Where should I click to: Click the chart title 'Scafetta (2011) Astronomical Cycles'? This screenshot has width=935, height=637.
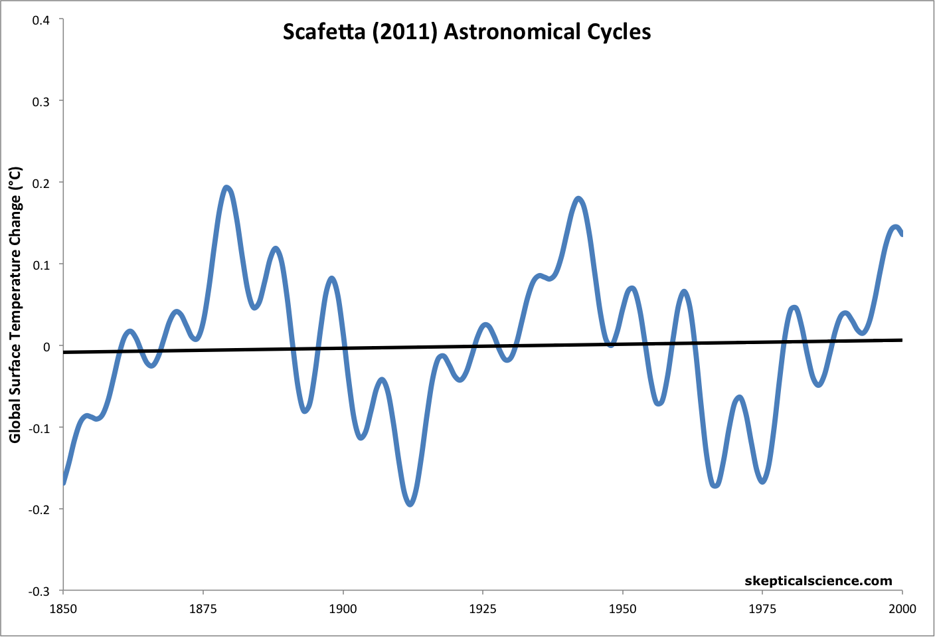467,32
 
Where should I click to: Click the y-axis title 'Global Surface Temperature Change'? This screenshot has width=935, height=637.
15,305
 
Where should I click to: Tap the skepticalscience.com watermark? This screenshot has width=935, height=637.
818,581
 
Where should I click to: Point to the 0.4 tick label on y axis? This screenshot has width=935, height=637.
41,19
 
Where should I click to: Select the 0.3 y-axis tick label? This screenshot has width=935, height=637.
41,101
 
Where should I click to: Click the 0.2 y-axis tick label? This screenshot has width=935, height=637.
41,183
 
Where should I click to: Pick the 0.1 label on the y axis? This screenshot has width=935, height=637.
41,264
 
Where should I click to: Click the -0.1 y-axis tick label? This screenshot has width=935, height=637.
39,428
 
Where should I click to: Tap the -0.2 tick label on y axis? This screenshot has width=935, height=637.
39,509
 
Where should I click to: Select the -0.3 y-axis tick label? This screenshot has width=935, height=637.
39,591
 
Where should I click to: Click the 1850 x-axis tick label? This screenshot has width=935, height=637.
63,608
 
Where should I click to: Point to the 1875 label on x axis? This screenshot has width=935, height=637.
203,608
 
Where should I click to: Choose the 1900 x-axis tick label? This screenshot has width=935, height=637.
343,608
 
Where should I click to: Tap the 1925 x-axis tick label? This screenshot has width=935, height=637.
483,608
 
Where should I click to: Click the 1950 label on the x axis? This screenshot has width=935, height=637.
623,608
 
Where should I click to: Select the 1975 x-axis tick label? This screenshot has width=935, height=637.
762,608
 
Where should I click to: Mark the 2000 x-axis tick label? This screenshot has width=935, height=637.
902,608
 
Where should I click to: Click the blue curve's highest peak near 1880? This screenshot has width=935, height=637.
227,188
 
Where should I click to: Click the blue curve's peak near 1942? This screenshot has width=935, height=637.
578,199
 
